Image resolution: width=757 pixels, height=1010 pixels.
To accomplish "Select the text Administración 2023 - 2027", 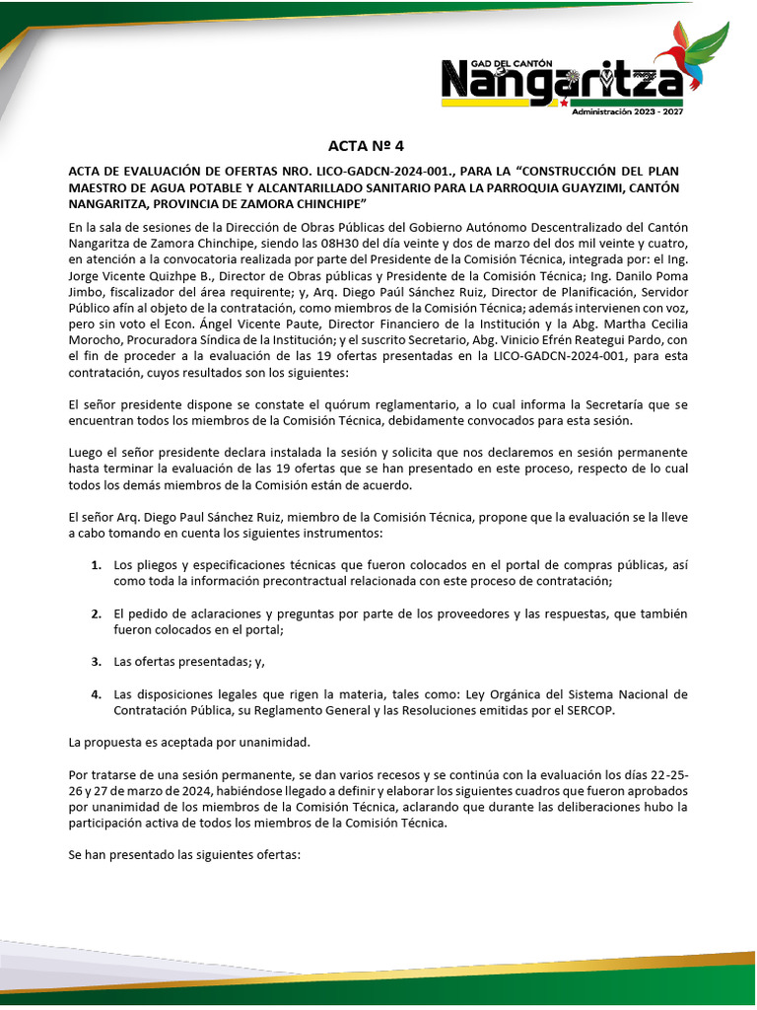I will (x=627, y=111).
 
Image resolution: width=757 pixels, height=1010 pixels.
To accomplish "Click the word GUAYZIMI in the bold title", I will (x=565, y=186).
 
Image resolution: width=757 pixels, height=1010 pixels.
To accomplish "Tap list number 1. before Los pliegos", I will (x=96, y=565).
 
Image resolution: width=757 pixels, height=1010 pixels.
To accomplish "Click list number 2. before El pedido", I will (x=96, y=613).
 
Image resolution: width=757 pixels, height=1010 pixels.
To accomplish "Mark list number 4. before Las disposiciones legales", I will (x=96, y=693).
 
